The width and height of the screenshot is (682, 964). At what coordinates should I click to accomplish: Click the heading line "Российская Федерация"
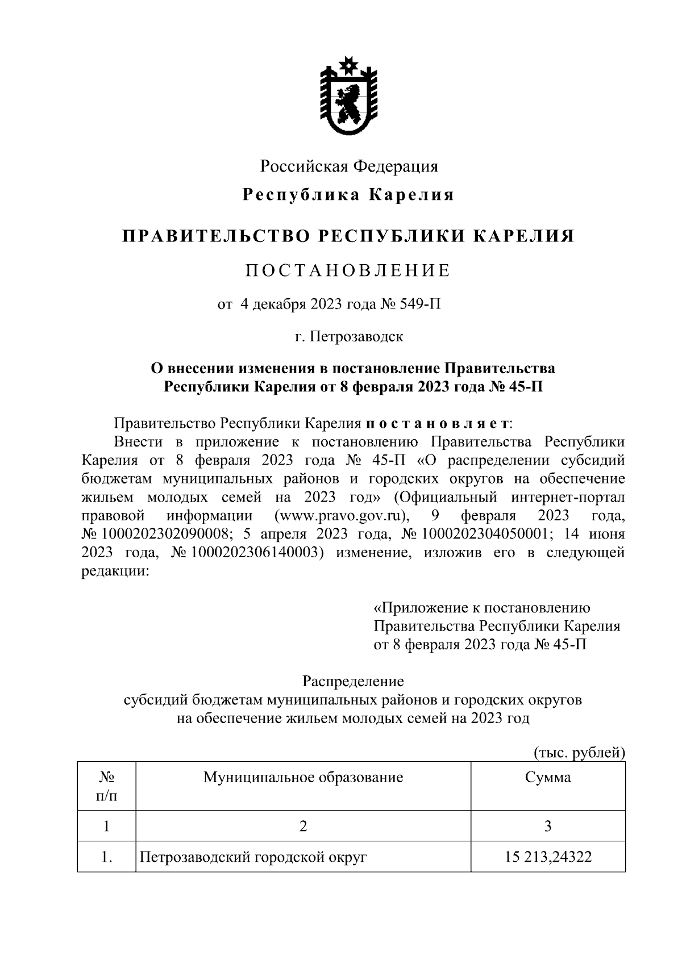pos(349,166)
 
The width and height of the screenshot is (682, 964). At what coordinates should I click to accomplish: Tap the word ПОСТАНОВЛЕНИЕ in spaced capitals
pos(348,270)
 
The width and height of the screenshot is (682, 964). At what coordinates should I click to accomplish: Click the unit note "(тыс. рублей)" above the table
pos(579,753)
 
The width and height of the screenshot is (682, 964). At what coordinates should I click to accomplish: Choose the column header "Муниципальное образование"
pos(303,777)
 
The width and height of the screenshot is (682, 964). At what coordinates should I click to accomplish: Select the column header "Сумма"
pos(548,777)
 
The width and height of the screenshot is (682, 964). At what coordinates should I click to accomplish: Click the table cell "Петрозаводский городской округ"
pos(253,857)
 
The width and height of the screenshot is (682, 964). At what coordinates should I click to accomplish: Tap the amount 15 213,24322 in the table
pos(548,857)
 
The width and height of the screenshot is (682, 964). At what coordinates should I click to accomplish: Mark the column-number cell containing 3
pos(548,826)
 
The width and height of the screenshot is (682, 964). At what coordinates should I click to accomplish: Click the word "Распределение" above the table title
pos(353,681)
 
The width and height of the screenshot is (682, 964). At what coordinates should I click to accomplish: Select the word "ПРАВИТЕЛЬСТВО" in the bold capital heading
pos(215,236)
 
